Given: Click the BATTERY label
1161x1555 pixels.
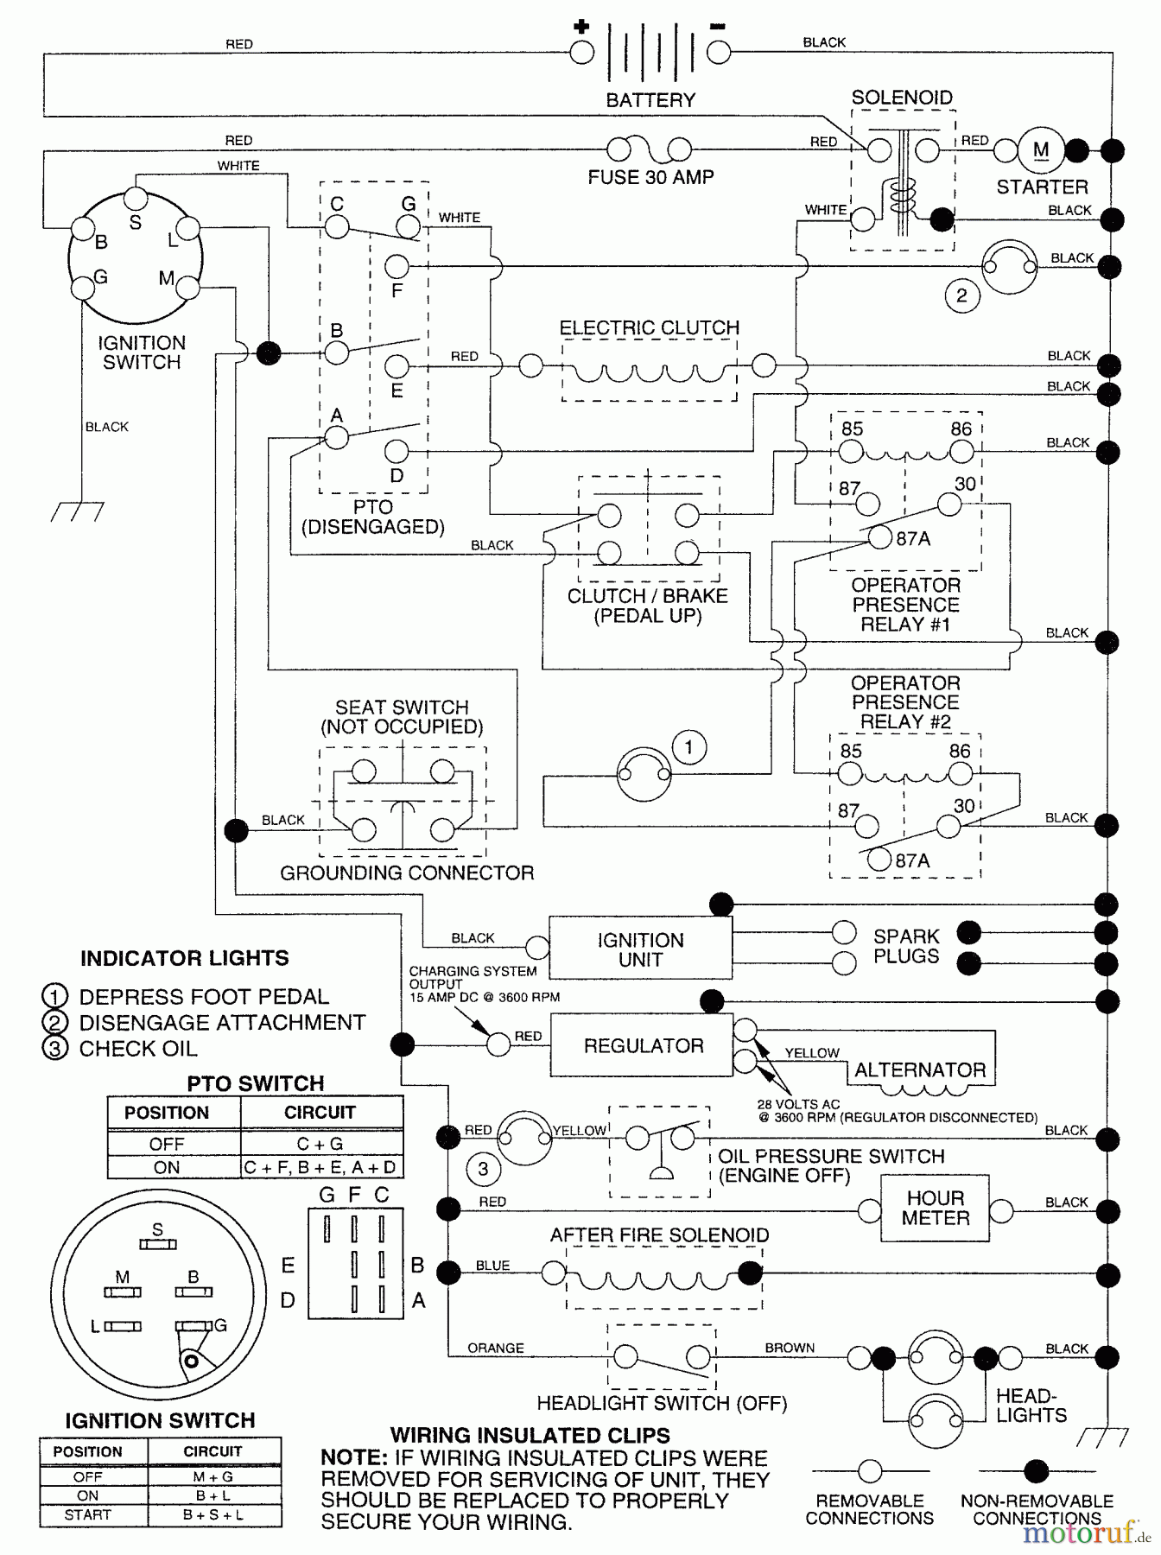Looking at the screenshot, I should click(650, 100).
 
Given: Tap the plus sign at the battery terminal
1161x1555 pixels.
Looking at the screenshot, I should click(580, 26).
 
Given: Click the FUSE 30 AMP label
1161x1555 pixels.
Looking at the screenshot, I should click(650, 177).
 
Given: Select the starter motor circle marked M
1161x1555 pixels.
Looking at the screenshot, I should click(1041, 150).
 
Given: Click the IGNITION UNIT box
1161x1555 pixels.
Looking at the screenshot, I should click(640, 949).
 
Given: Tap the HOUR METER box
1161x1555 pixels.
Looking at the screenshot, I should click(935, 1208).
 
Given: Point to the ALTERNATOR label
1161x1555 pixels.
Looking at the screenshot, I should click(919, 1069).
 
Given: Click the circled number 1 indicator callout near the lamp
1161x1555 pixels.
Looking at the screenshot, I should click(688, 747).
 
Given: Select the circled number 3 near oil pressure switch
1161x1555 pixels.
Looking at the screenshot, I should click(483, 1169).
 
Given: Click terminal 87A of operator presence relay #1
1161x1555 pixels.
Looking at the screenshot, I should click(879, 537).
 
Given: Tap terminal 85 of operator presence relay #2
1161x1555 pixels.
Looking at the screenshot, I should click(850, 773).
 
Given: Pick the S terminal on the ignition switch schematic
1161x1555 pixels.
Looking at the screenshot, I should click(136, 200).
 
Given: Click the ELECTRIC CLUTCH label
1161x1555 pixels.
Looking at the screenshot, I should click(649, 327).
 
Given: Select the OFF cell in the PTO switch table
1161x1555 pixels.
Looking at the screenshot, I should click(166, 1144).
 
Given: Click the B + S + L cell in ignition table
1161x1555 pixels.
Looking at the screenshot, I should click(213, 1515).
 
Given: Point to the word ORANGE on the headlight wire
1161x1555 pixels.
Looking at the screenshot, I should click(495, 1348).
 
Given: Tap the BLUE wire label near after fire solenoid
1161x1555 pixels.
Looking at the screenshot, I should click(492, 1266).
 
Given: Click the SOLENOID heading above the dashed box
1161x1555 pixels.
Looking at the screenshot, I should click(901, 98).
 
